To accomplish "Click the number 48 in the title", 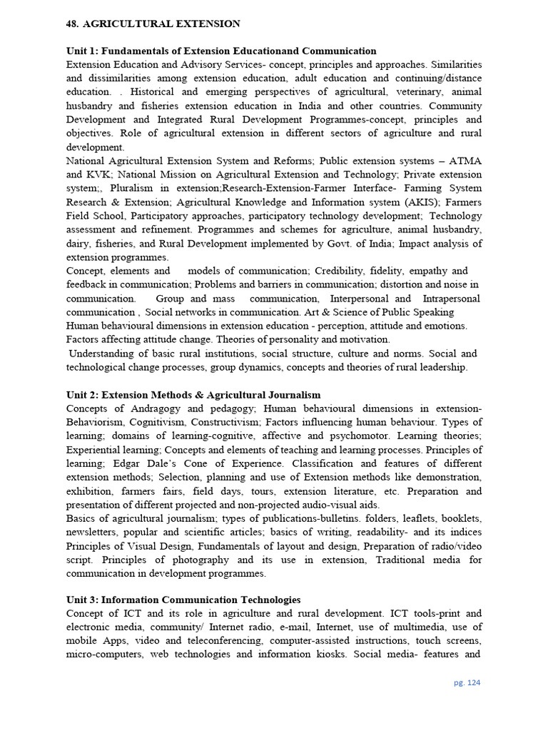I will (x=72, y=24).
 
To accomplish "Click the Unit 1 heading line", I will (x=221, y=51).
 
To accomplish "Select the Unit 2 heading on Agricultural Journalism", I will (x=193, y=394).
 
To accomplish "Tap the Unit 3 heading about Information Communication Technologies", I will (x=183, y=600).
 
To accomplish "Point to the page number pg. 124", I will (x=467, y=682).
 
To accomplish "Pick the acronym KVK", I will (x=102, y=174).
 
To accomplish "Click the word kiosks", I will (x=323, y=654).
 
